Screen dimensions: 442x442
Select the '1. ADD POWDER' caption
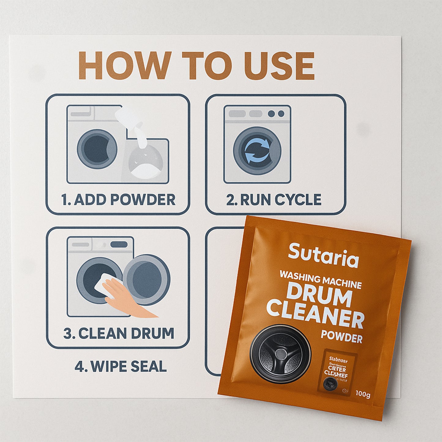click(x=118, y=200)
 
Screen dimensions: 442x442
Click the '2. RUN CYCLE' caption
click(x=274, y=200)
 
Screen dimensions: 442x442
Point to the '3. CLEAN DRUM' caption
click(x=119, y=333)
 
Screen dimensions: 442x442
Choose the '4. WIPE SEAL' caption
click(x=121, y=366)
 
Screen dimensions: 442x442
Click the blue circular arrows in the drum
click(x=257, y=150)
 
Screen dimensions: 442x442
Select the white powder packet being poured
click(x=128, y=118)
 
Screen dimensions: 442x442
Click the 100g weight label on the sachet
click(x=363, y=394)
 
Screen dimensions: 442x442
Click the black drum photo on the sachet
click(x=280, y=354)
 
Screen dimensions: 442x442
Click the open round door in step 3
click(x=147, y=280)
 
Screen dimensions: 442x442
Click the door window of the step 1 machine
click(x=97, y=149)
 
